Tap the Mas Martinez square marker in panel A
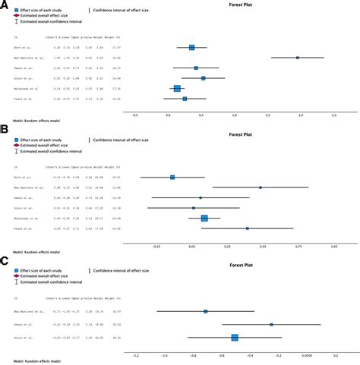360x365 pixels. coord(298,58)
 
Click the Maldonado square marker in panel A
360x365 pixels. coord(177,88)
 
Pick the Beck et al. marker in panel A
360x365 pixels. coord(191,47)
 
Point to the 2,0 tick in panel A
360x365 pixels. coord(301,116)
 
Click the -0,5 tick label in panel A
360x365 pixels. coord(135,116)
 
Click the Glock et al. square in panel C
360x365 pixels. coord(235,337)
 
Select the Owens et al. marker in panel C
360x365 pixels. coord(271,324)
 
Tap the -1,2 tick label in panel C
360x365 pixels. coord(136,354)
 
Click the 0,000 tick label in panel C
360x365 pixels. coord(305,354)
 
